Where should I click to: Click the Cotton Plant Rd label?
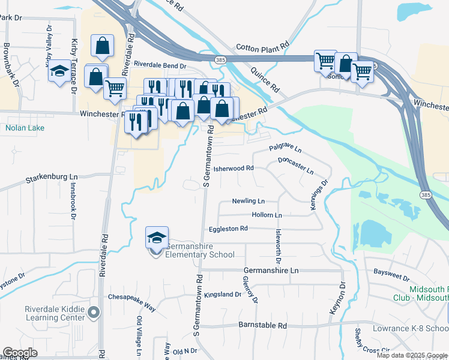click(262, 46)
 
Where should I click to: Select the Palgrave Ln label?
click(285, 148)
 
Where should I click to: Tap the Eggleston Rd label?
click(228, 229)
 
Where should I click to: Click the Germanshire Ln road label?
click(271, 271)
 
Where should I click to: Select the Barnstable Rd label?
click(262, 325)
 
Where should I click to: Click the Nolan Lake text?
click(20, 127)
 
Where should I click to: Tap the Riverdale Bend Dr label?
click(160, 64)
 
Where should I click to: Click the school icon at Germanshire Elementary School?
click(157, 238)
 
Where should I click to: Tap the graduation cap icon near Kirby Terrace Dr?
click(59, 71)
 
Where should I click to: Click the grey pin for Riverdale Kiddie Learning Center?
click(94, 312)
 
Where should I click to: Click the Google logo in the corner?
click(20, 353)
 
